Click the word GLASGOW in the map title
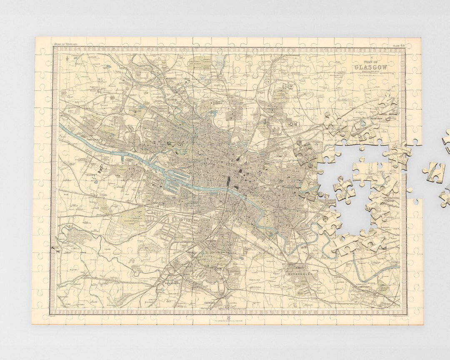pos(370,67)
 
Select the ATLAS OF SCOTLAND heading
pos(64,44)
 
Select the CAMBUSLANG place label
pos(365,287)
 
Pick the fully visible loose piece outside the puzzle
pos(433,172)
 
